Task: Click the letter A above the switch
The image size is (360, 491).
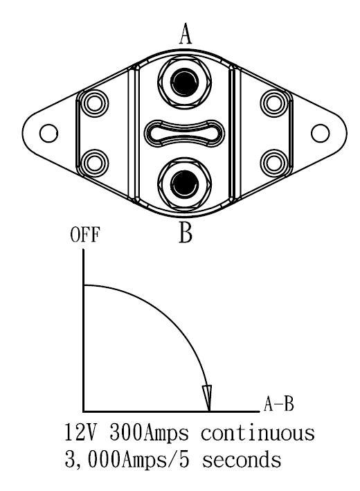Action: [x=186, y=35]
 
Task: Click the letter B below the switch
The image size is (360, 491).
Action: [x=186, y=233]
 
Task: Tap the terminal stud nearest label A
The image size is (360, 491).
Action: [x=184, y=82]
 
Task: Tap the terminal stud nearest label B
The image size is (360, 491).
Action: [x=184, y=184]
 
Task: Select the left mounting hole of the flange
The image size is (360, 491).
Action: [x=49, y=133]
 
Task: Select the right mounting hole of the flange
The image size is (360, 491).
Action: [x=320, y=133]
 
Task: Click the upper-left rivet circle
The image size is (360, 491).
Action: [x=94, y=103]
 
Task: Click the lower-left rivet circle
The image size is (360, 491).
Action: [x=94, y=163]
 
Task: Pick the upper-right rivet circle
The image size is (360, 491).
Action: [x=274, y=103]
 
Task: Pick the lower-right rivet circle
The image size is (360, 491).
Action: [x=274, y=163]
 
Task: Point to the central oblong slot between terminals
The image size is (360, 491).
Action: [x=184, y=133]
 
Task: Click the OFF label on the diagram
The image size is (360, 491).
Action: [x=85, y=235]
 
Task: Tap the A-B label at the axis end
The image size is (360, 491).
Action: [x=278, y=404]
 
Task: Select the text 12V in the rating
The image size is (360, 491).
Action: [x=81, y=433]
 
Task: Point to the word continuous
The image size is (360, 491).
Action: [x=258, y=434]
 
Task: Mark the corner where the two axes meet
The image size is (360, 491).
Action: [x=84, y=411]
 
